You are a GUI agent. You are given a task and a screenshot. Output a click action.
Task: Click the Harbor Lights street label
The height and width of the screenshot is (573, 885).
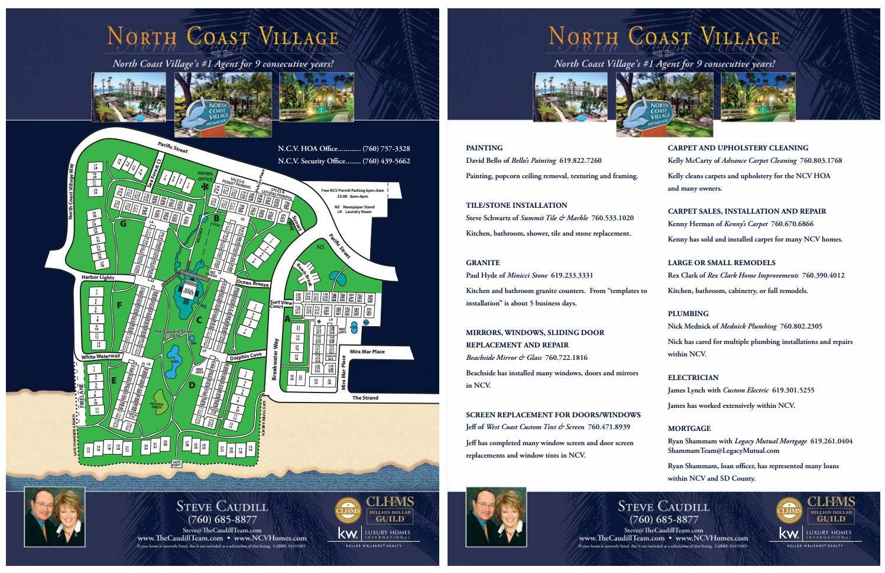click(98, 277)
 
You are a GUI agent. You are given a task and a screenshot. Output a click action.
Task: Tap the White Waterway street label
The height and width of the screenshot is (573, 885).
click(101, 357)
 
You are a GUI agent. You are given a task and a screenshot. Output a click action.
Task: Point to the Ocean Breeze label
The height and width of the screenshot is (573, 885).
click(252, 283)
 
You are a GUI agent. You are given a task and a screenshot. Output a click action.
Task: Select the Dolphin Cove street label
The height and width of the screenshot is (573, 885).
click(245, 356)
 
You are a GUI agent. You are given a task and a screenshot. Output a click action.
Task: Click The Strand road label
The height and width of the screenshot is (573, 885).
click(365, 398)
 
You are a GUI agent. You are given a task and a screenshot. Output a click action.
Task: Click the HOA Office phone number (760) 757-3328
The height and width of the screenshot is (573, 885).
click(386, 149)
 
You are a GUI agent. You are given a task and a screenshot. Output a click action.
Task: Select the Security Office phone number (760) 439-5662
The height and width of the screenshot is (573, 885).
click(386, 161)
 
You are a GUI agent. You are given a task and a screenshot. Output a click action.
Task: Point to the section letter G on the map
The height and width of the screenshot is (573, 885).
click(123, 224)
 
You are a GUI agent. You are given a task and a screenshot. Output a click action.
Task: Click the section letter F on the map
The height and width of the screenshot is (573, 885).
click(119, 305)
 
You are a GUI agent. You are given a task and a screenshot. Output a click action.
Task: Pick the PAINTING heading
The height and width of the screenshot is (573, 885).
click(484, 148)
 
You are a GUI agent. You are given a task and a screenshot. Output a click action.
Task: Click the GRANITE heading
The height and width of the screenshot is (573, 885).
click(482, 263)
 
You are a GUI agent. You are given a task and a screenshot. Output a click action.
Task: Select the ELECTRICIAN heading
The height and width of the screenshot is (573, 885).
click(693, 378)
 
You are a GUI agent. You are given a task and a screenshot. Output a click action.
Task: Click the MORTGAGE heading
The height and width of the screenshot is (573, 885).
click(689, 429)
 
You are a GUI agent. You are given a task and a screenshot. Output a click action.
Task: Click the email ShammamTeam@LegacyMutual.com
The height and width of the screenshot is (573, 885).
click(723, 450)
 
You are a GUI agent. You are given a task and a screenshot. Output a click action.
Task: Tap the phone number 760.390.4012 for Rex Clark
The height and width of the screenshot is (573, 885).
click(823, 275)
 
